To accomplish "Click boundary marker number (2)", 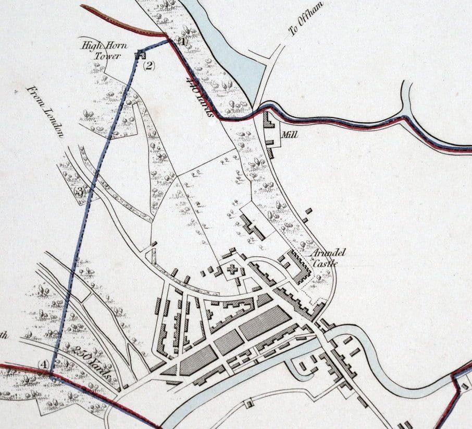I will (x=149, y=65).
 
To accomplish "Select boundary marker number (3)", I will (x=79, y=192).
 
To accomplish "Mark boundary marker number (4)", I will (x=45, y=364).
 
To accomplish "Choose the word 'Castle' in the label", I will (x=327, y=264).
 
